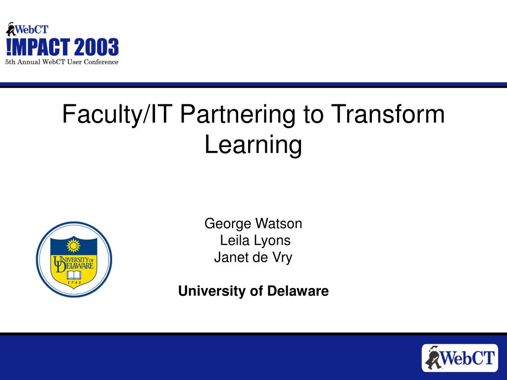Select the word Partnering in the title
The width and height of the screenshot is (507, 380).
(238, 115)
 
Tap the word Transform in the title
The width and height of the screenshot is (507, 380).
(388, 114)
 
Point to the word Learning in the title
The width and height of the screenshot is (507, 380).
(253, 145)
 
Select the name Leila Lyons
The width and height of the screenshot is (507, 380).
(255, 240)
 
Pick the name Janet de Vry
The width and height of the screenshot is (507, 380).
(253, 257)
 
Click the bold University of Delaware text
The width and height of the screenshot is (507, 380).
(253, 291)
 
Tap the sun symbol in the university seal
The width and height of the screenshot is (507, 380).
(73, 246)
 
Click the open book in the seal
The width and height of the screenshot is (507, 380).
(74, 275)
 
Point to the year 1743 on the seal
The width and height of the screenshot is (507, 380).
(74, 283)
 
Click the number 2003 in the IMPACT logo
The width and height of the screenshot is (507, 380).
(97, 47)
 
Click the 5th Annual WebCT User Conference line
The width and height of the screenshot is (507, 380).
(62, 62)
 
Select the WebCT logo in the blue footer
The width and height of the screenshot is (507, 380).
(460, 358)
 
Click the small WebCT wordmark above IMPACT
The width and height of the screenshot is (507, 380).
(32, 30)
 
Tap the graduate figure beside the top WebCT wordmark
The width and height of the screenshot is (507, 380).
(11, 29)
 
